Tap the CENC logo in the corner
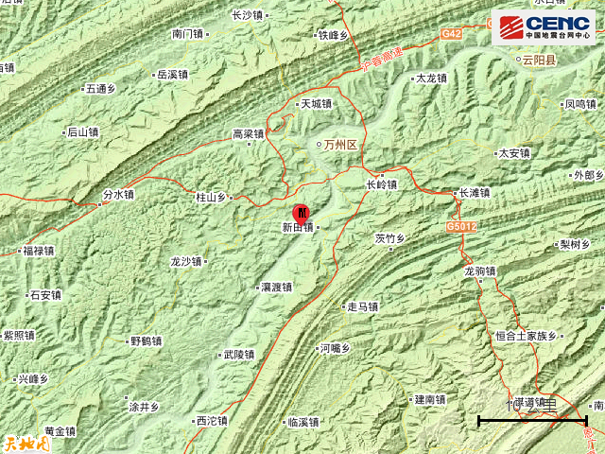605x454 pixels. [x=544, y=26]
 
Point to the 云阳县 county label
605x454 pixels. [x=540, y=58]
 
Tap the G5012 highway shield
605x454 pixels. [x=459, y=228]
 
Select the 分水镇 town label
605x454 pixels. [x=117, y=195]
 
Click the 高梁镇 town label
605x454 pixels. [x=248, y=134]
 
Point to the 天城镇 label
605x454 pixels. [x=316, y=104]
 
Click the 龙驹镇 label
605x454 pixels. [x=480, y=271]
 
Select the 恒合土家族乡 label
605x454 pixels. [x=528, y=335]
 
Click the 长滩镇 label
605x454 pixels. [x=473, y=193]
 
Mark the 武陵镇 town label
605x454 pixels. [x=237, y=356]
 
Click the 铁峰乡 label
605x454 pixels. [x=333, y=36]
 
